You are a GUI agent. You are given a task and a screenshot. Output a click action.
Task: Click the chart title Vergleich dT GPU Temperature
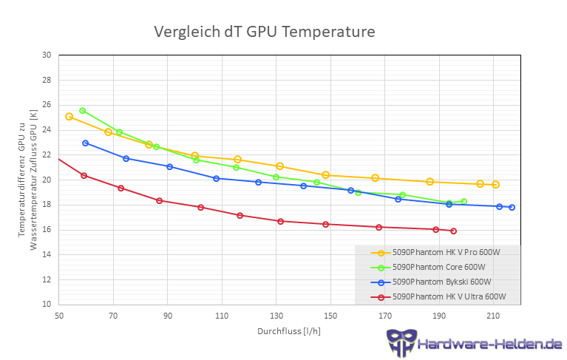pos(264,32)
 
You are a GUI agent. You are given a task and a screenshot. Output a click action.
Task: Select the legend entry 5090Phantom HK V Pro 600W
pos(446,252)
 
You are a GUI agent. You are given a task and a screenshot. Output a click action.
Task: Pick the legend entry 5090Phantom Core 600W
pos(438,267)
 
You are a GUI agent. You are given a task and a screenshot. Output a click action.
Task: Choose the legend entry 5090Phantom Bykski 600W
pos(441,282)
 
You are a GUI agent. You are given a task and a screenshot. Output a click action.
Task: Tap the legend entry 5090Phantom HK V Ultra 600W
pos(449,296)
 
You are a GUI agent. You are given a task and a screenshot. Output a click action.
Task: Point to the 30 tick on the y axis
pos(47,55)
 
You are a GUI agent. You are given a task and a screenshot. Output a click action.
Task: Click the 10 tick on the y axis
pos(47,304)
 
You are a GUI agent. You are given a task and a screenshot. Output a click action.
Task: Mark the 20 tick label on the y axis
pos(47,180)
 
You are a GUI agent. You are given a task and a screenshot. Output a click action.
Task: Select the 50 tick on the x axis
pos(58,316)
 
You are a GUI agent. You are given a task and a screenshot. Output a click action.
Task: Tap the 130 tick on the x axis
pos(276,316)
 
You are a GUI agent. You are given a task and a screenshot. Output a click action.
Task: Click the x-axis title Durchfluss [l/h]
pos(289,331)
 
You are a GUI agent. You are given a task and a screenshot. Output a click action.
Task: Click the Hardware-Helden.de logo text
pos(489,344)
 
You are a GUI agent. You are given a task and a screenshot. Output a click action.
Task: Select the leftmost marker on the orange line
pos(69,116)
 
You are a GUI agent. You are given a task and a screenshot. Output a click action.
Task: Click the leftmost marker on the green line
pos(83,111)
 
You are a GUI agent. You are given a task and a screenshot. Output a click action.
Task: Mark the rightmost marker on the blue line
pos(512,207)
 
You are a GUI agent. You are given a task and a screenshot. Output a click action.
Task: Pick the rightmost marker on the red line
pos(453,231)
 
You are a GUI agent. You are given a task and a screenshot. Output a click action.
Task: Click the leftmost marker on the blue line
pos(86,143)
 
